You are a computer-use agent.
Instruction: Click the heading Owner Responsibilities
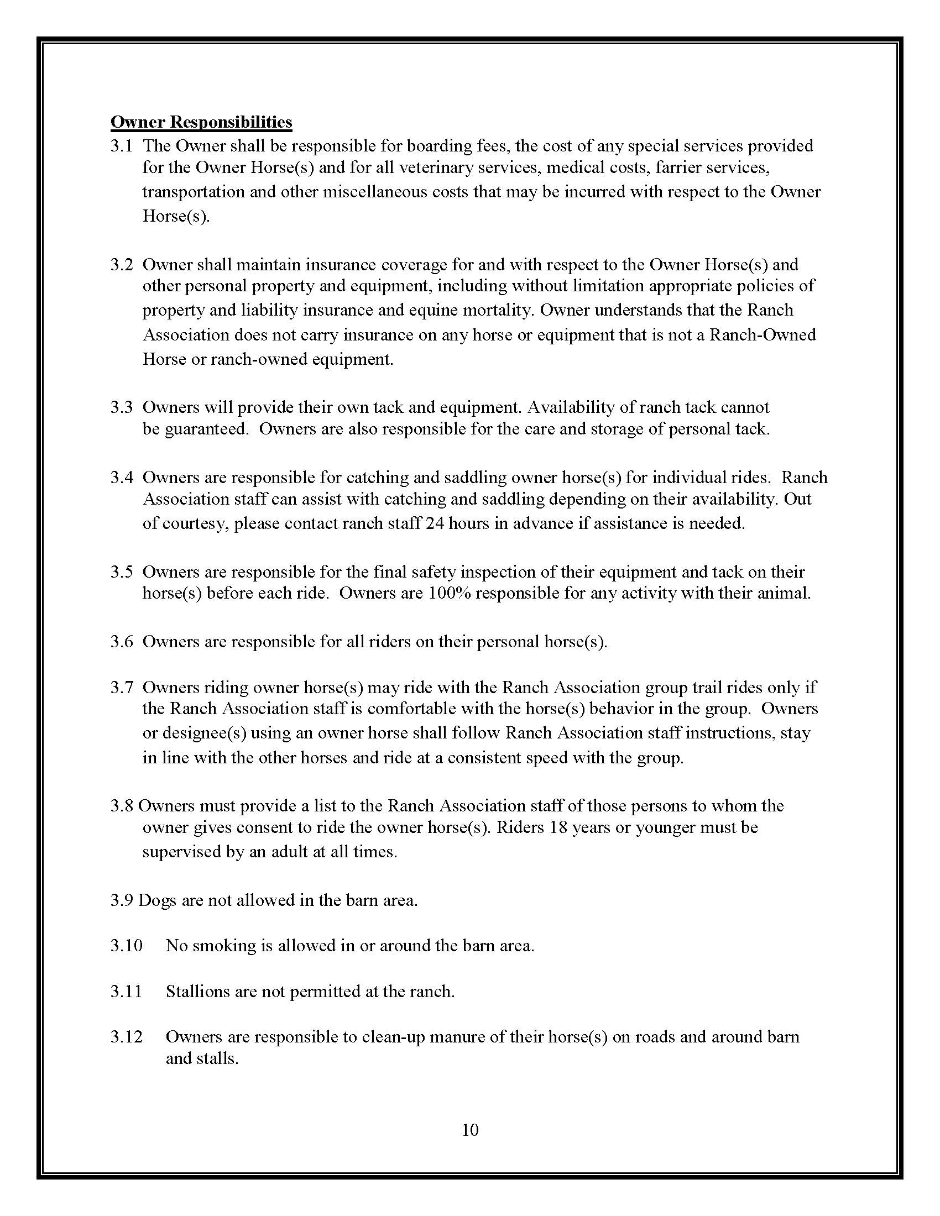tap(201, 122)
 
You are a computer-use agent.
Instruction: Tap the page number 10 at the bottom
tap(470, 1130)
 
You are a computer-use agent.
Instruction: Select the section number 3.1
tap(121, 146)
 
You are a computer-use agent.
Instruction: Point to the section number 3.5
tap(121, 572)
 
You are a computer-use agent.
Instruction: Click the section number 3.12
tap(127, 1037)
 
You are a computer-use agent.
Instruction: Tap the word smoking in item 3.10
tap(224, 945)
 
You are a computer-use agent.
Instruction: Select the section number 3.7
tap(121, 687)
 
